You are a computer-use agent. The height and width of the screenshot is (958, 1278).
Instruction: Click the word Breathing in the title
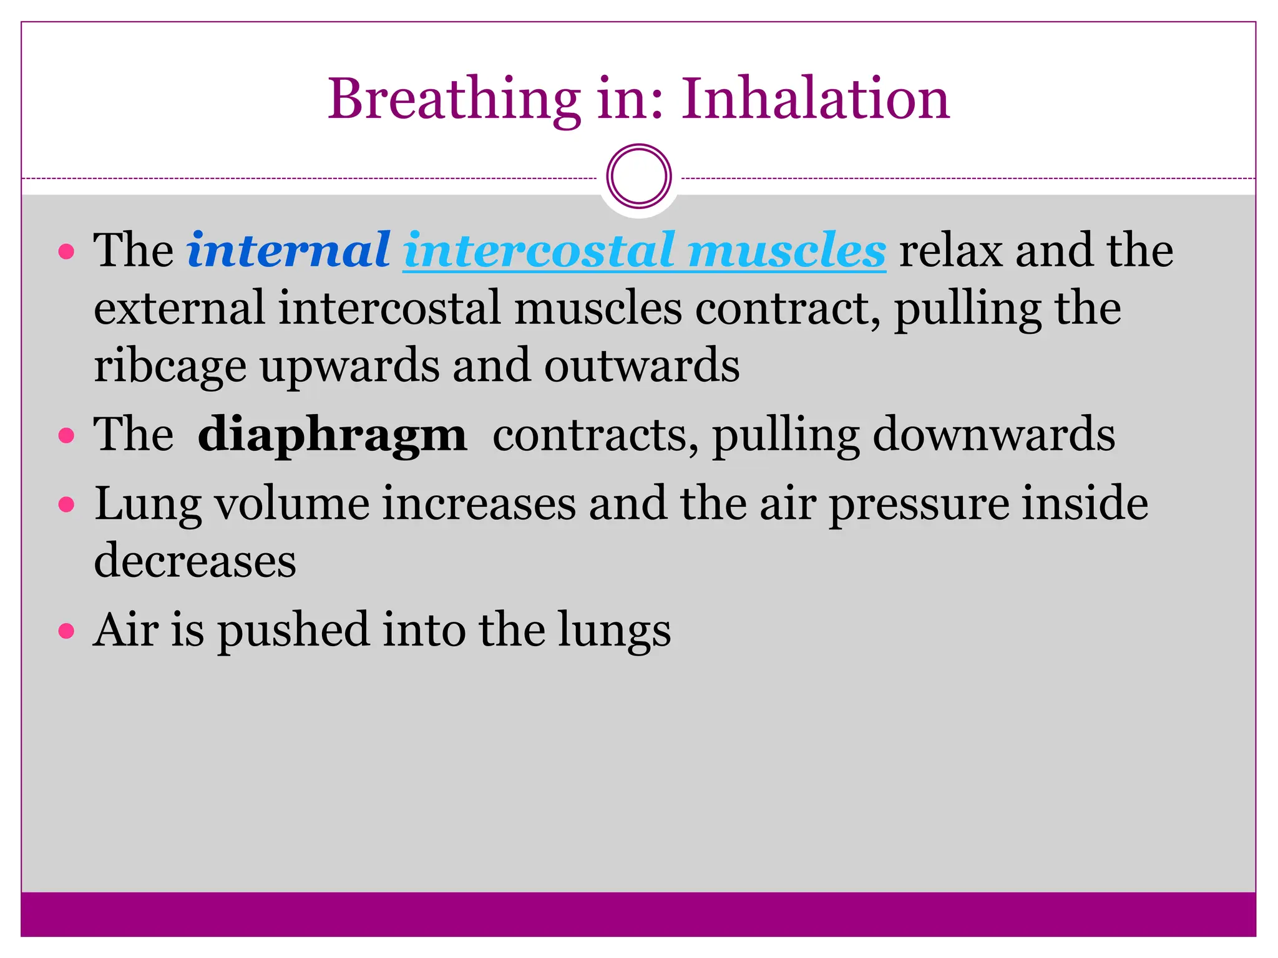pyautogui.click(x=454, y=100)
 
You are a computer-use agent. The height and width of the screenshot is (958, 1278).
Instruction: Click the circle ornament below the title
pyautogui.click(x=638, y=177)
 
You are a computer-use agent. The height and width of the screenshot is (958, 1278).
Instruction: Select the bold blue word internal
pyautogui.click(x=289, y=250)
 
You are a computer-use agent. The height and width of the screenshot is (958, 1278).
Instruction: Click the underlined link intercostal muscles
pyautogui.click(x=644, y=251)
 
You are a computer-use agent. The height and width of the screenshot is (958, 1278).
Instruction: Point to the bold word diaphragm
pyautogui.click(x=332, y=435)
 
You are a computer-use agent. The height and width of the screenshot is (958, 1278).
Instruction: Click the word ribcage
pyautogui.click(x=170, y=367)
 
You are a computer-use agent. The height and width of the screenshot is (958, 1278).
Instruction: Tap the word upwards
pyautogui.click(x=349, y=367)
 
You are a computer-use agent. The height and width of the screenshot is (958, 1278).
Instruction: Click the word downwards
pyautogui.click(x=993, y=434)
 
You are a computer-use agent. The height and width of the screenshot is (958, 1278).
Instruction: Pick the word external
pyautogui.click(x=179, y=308)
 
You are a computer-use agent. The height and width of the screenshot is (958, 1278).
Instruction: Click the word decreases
pyautogui.click(x=195, y=560)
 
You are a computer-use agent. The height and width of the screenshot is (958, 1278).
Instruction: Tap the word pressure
pyautogui.click(x=919, y=504)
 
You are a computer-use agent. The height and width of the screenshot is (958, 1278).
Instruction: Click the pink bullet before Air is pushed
pyautogui.click(x=66, y=631)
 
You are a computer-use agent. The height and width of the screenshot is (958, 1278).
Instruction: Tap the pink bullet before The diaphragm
pyautogui.click(x=66, y=435)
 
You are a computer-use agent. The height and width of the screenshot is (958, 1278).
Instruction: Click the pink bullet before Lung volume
pyautogui.click(x=66, y=503)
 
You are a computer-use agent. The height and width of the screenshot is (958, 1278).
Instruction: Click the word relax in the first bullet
pyautogui.click(x=950, y=251)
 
